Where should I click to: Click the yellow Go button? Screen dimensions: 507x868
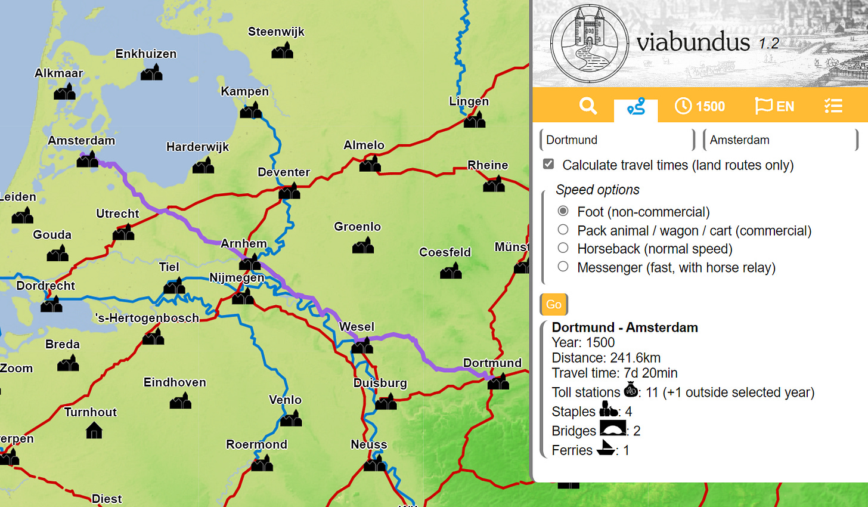554,304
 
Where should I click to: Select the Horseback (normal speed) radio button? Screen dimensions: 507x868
563,248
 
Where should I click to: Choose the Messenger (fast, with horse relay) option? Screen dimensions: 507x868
563,267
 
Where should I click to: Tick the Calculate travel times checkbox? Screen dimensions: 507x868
548,164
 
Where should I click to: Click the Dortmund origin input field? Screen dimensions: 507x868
617,140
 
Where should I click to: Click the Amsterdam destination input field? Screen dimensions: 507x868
780,140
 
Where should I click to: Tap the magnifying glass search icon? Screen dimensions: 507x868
588,106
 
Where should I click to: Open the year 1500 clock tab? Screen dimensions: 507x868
700,106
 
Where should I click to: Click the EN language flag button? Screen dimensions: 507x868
774,106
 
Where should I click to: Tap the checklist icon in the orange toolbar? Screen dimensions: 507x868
833,106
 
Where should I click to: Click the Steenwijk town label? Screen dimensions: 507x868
276,32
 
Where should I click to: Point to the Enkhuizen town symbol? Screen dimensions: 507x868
151,73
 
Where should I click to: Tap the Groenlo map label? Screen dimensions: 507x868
357,227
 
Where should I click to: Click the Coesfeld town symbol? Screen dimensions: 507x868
451,272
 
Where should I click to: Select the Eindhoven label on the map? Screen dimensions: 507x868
175,382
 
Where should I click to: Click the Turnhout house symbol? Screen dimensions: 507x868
94,430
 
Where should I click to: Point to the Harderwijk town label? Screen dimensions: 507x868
197,147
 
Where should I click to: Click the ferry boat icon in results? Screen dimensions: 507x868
606,449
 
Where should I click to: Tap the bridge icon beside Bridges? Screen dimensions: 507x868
612,429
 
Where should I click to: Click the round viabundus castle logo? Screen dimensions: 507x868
589,44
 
